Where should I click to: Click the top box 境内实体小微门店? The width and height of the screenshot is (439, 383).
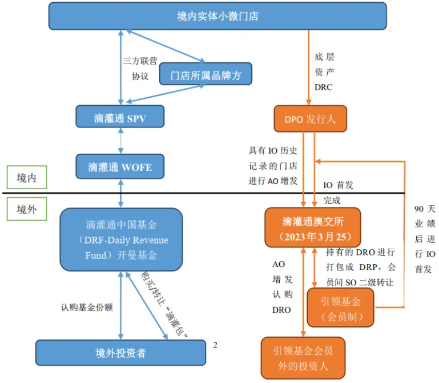(217, 16)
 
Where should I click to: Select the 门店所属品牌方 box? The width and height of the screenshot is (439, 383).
(205, 74)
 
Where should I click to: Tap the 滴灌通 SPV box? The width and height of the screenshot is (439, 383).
(120, 118)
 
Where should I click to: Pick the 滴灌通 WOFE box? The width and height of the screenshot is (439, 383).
(120, 167)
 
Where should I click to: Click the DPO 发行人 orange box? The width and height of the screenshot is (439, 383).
(310, 119)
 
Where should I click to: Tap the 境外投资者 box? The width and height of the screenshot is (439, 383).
(120, 353)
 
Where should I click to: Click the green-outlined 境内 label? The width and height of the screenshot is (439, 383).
(27, 178)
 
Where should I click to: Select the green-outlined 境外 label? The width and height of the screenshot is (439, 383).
(27, 209)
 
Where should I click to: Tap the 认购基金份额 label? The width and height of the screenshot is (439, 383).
(87, 307)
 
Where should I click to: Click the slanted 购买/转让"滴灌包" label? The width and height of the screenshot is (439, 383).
(165, 303)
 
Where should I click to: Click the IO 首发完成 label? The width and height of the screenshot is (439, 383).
(339, 193)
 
